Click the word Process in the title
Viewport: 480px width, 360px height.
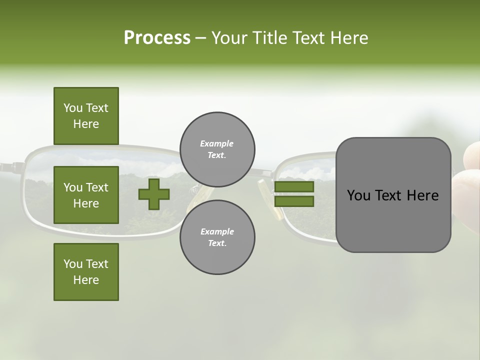[157, 38]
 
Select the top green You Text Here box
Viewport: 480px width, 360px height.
[86, 116]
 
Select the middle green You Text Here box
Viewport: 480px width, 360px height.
[86, 195]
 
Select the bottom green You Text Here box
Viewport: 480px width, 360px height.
[86, 271]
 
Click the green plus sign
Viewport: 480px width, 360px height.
[153, 194]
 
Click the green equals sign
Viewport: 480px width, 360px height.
[294, 194]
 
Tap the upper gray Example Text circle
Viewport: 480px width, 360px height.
[217, 149]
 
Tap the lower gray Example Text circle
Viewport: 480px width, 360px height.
[217, 237]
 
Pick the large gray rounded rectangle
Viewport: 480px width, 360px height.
[393, 195]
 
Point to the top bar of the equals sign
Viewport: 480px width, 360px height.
[294, 187]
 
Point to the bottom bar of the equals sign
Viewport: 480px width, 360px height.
[294, 201]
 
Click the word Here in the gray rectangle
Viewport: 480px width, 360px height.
[423, 195]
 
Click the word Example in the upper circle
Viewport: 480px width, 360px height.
[216, 143]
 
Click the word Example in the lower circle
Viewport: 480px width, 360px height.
[216, 231]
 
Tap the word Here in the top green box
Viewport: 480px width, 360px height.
[86, 124]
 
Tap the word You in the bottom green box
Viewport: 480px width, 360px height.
[73, 264]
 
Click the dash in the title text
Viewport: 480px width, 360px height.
[201, 38]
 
